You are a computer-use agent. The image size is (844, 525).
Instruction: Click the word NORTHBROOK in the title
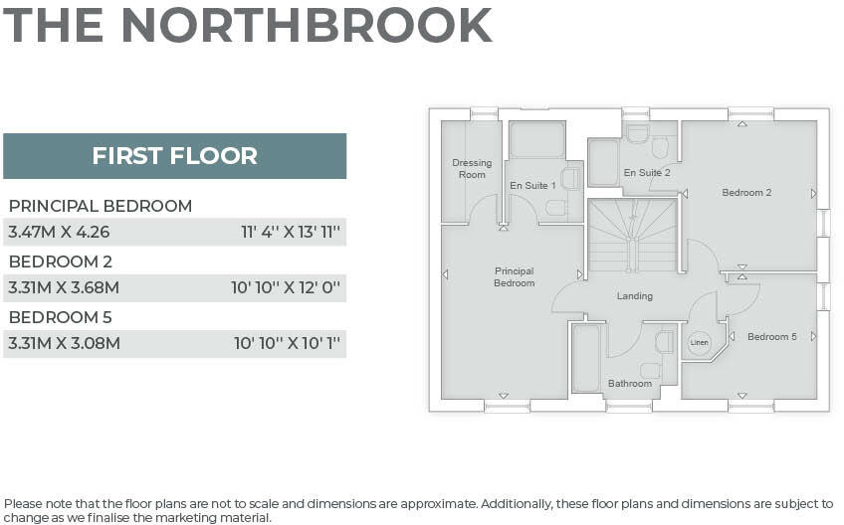pyautogui.click(x=306, y=25)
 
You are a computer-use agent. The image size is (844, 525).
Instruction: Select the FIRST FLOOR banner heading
pyautogui.click(x=174, y=156)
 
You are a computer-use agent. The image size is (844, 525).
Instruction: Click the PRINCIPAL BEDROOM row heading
pyautogui.click(x=101, y=206)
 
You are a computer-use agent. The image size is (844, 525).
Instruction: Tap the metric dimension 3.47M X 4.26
pyautogui.click(x=59, y=233)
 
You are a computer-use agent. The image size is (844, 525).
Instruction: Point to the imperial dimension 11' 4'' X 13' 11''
pyautogui.click(x=291, y=233)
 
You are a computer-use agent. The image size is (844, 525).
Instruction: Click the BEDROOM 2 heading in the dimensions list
pyautogui.click(x=61, y=262)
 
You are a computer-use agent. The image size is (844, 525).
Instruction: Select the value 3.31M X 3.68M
pyautogui.click(x=64, y=288)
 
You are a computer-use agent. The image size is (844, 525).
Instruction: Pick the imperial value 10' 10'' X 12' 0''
pyautogui.click(x=286, y=288)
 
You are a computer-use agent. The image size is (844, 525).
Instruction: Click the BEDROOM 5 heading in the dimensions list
pyautogui.click(x=61, y=317)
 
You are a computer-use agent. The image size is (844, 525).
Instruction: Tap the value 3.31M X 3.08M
pyautogui.click(x=64, y=344)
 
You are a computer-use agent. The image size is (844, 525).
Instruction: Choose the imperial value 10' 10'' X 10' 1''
pyautogui.click(x=288, y=344)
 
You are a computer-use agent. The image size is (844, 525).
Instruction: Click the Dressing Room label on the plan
pyautogui.click(x=472, y=169)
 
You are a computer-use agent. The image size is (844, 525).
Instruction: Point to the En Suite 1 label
pyautogui.click(x=532, y=186)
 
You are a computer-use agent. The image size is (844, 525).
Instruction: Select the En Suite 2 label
pyautogui.click(x=647, y=173)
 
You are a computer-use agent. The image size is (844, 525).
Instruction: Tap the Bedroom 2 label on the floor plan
pyautogui.click(x=746, y=193)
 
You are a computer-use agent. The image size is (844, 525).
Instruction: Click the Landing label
pyautogui.click(x=635, y=296)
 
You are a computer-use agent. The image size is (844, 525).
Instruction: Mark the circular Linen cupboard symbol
pyautogui.click(x=700, y=341)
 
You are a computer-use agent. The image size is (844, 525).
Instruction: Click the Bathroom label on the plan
pyautogui.click(x=630, y=384)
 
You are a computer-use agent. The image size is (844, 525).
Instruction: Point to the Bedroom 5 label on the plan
pyautogui.click(x=772, y=337)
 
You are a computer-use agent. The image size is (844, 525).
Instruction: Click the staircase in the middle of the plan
pyautogui.click(x=632, y=237)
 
